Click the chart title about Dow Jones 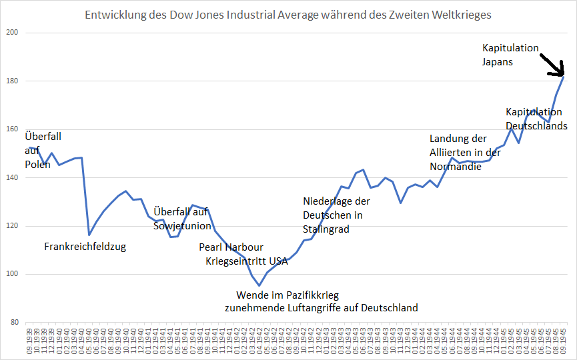pyautogui.click(x=288, y=14)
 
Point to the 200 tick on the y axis pyautogui.click(x=12, y=33)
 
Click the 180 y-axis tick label pyautogui.click(x=12, y=81)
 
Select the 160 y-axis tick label pyautogui.click(x=12, y=129)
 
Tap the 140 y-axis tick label pyautogui.click(x=12, y=178)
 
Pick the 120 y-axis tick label pyautogui.click(x=12, y=226)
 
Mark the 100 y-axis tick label pyautogui.click(x=12, y=274)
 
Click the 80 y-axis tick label pyautogui.click(x=14, y=323)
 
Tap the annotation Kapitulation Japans pyautogui.click(x=510, y=55)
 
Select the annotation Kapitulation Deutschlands pyautogui.click(x=536, y=119)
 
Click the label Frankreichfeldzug pyautogui.click(x=85, y=247)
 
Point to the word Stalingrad pyautogui.click(x=326, y=229)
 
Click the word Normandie pyautogui.click(x=456, y=166)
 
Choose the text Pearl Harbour pyautogui.click(x=231, y=247)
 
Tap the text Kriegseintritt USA pyautogui.click(x=246, y=261)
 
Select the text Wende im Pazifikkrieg pyautogui.click(x=287, y=295)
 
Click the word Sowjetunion pyautogui.click(x=183, y=226)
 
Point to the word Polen pyautogui.click(x=37, y=164)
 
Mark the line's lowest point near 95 pyautogui.click(x=259, y=285)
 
